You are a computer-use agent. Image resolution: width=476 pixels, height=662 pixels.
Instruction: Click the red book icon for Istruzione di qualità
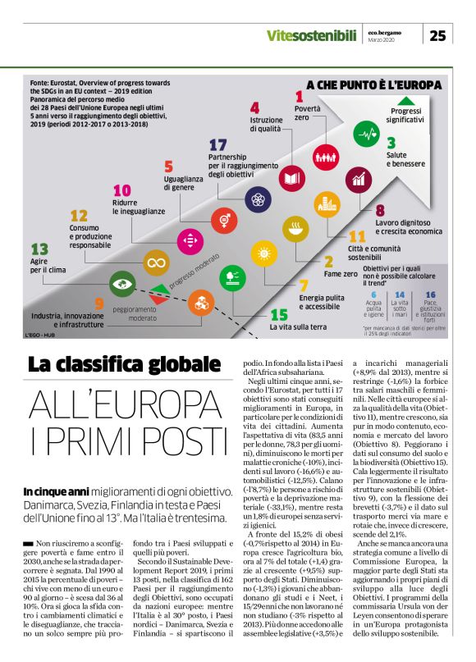(291, 176)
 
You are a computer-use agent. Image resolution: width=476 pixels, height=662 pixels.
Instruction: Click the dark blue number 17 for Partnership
(218, 144)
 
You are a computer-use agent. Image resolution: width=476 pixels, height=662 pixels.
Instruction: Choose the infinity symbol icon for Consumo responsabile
(153, 263)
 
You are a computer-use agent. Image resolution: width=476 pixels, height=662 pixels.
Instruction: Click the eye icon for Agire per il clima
(122, 284)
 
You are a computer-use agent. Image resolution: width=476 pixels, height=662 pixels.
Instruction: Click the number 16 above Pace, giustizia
(430, 293)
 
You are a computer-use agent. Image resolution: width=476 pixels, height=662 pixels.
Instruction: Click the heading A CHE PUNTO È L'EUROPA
(373, 84)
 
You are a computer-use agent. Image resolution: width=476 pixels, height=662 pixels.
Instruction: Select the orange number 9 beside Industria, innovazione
(98, 304)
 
